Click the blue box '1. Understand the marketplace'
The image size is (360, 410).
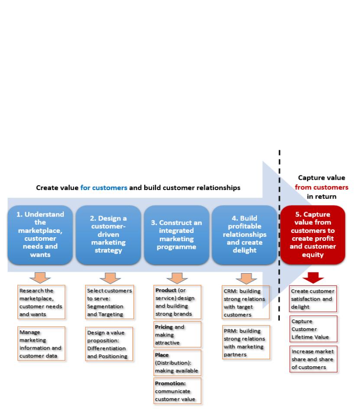point(40,235)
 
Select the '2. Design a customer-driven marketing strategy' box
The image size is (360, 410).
point(108,235)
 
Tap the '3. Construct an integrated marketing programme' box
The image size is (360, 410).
point(176,235)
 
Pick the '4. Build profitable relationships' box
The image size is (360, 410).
point(244,235)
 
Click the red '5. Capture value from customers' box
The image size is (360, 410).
point(313,235)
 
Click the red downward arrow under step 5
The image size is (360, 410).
point(313,278)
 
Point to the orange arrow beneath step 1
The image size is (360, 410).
point(40,278)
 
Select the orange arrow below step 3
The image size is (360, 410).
point(177,278)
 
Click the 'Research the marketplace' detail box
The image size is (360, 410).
point(41,302)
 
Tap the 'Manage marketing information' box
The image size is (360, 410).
point(41,344)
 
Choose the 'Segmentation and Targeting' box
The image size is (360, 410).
point(110,302)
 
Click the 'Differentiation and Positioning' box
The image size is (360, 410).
point(109,344)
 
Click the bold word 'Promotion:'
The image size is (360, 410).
point(170,383)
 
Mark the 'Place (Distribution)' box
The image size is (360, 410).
point(177,363)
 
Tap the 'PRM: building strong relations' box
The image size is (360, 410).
point(246,342)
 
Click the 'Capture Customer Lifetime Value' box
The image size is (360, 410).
point(314,329)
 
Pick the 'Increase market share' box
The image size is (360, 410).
point(314,359)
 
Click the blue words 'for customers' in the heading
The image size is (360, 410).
point(104,188)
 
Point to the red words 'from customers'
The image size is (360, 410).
point(321,187)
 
